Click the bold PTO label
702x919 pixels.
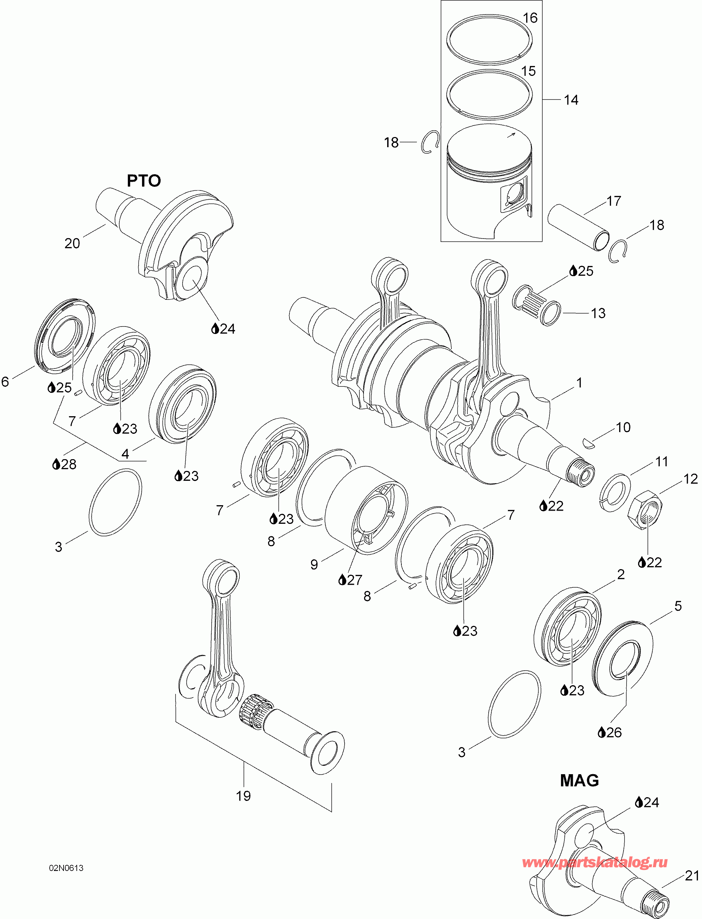[x=144, y=181]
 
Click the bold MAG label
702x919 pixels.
[x=579, y=780]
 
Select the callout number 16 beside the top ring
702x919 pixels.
[x=530, y=18]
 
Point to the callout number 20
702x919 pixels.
[x=72, y=243]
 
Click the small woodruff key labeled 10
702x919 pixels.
[x=588, y=444]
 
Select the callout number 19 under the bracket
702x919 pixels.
[x=243, y=795]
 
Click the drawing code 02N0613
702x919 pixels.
[x=66, y=868]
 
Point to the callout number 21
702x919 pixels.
[x=692, y=875]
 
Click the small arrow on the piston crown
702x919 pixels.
[x=511, y=135]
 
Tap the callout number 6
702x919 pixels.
[x=5, y=381]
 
